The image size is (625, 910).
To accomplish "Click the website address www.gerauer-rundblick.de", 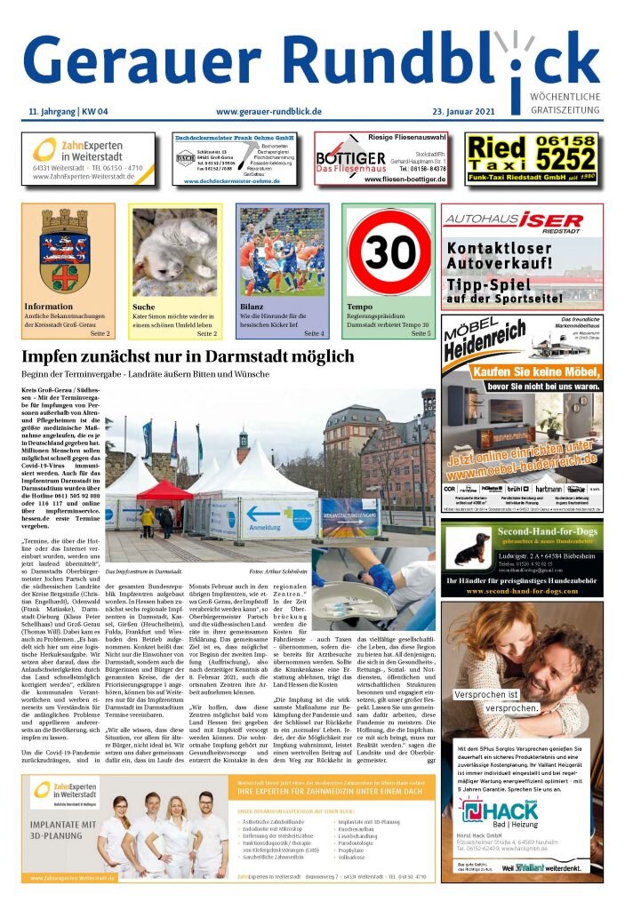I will pos(268,111).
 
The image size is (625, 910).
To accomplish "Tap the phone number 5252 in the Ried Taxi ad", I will pos(559,159).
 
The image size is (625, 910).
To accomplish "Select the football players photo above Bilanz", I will pos(282,252).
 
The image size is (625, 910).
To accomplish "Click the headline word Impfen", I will pos(54,357).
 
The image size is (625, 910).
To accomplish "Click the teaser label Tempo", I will pos(359,307).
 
